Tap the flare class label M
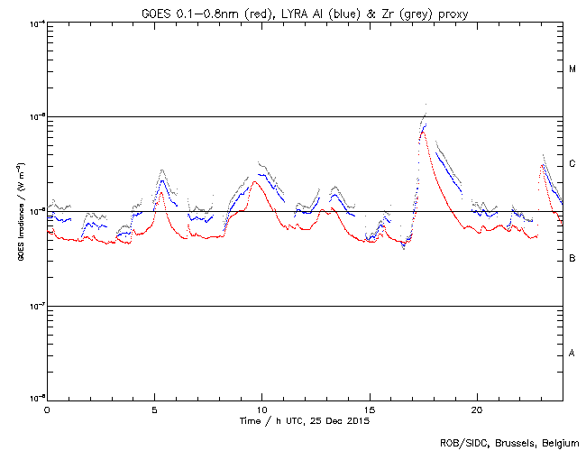tap(572, 69)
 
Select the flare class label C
tap(572, 164)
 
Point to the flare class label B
tap(572, 259)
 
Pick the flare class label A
tap(572, 353)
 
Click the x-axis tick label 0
tap(47, 410)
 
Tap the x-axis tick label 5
tap(154, 410)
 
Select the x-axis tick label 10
tap(261, 410)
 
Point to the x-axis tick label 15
tap(369, 410)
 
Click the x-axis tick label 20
tap(476, 410)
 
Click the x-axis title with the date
tap(305, 420)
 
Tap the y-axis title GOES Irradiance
tap(20, 211)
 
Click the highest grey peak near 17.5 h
tap(426, 105)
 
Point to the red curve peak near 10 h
tap(256, 182)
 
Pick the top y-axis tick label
tap(34, 23)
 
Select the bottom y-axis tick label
tap(34, 398)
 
